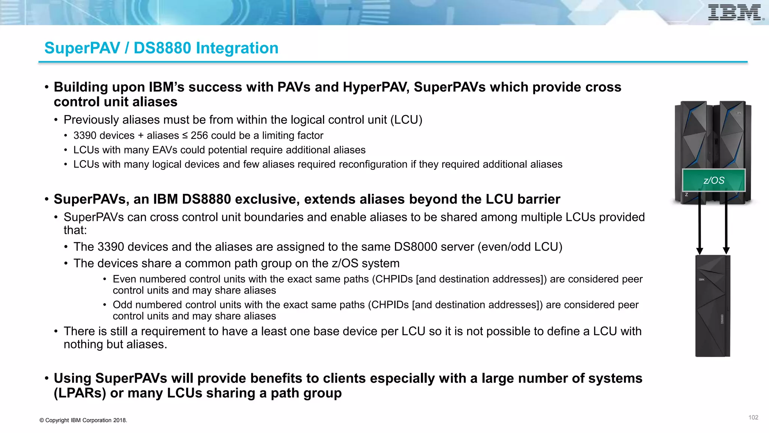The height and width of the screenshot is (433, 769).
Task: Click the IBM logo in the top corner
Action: [x=735, y=12]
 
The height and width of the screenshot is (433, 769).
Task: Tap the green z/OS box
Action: [x=713, y=180]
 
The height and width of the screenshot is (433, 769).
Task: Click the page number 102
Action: [x=753, y=418]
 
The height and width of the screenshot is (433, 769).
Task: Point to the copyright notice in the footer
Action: [x=83, y=420]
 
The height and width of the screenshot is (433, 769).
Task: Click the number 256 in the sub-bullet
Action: [x=199, y=135]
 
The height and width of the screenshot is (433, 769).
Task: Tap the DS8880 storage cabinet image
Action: [x=712, y=306]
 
